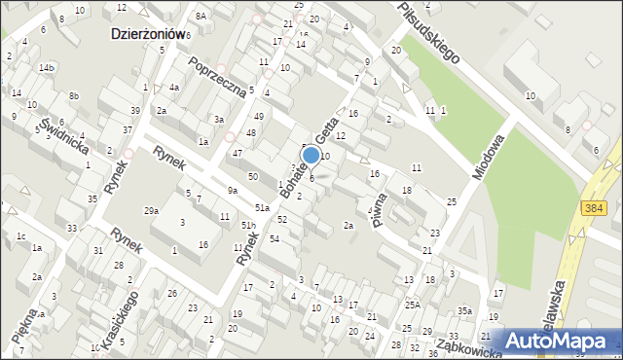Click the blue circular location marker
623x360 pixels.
(x=311, y=156)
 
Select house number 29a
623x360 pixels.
(x=151, y=210)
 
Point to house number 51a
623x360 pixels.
(x=262, y=208)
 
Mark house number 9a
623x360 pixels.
(x=233, y=190)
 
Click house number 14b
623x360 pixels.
(x=46, y=68)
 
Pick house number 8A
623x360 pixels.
(x=201, y=16)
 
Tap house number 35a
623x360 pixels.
(x=465, y=311)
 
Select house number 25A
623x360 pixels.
(x=413, y=305)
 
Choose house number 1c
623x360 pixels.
(x=20, y=235)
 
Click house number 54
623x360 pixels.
(x=275, y=239)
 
